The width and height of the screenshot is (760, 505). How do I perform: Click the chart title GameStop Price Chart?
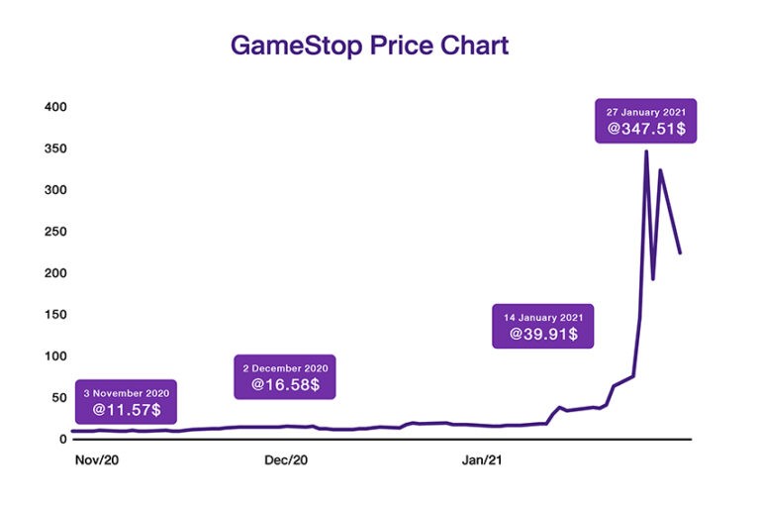(x=369, y=46)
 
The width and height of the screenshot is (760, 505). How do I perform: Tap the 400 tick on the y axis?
(x=52, y=106)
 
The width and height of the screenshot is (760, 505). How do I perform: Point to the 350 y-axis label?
(x=52, y=149)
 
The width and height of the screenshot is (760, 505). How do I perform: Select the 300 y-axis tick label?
(x=52, y=189)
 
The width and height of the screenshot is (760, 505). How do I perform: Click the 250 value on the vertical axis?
(x=52, y=231)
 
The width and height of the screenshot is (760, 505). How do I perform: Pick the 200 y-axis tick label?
(x=52, y=272)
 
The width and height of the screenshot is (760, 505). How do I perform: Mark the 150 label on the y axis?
(x=52, y=314)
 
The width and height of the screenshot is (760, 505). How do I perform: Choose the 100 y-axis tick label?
(x=52, y=355)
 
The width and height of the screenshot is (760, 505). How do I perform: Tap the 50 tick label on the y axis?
(x=56, y=397)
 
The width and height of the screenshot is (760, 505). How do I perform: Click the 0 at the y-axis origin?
(x=60, y=439)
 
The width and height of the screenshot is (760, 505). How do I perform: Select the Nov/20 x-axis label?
(x=96, y=460)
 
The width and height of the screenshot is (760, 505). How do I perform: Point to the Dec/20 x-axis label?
(x=287, y=460)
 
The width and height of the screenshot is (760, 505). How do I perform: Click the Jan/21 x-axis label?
(x=483, y=460)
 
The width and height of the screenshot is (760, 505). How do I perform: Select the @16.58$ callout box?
(x=285, y=377)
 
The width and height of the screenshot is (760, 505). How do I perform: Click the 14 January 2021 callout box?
(x=543, y=326)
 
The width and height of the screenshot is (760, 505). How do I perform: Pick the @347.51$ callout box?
(x=646, y=121)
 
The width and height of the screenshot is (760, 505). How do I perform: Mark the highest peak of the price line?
(x=646, y=151)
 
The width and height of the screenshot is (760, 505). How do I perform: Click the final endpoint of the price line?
(x=680, y=253)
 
